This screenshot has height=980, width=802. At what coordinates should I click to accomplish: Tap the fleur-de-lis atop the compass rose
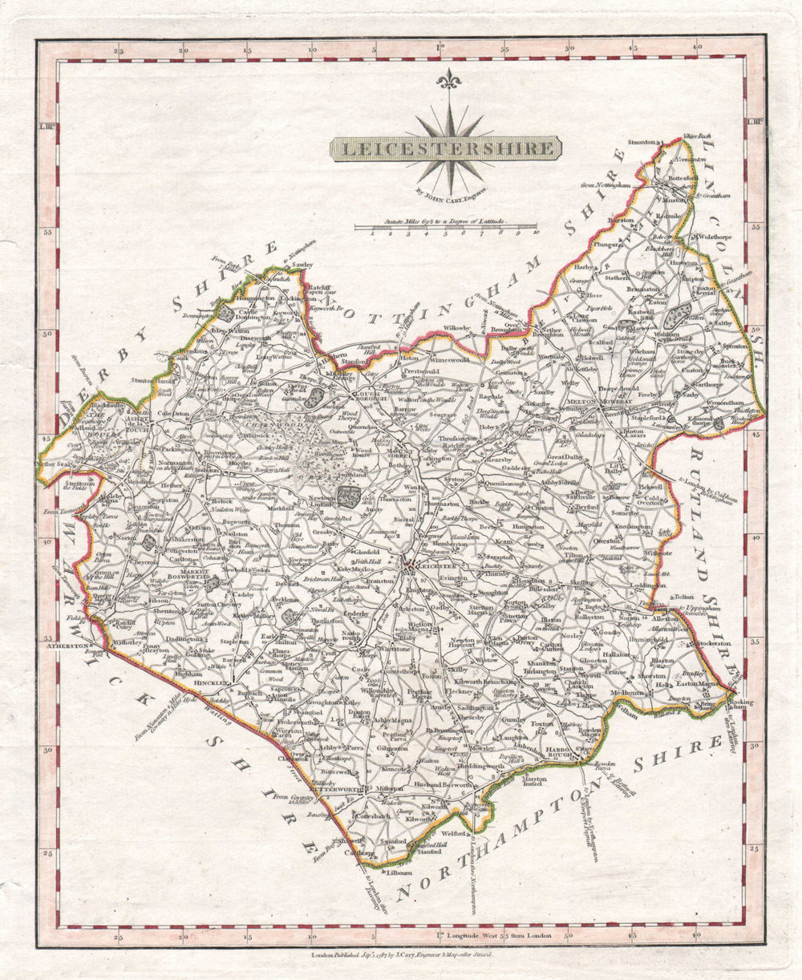pyautogui.click(x=448, y=79)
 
